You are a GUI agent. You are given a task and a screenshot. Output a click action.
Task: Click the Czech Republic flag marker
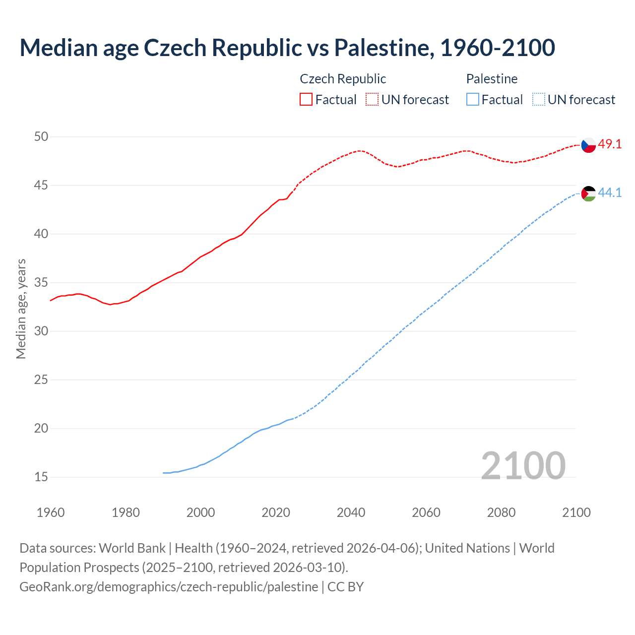click(x=588, y=145)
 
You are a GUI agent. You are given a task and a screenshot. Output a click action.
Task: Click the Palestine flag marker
click(x=588, y=193)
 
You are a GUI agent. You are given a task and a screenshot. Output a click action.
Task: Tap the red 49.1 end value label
click(x=610, y=144)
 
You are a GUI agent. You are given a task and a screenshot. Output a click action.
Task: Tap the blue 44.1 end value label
click(x=610, y=192)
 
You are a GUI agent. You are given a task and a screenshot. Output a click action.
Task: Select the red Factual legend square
click(x=306, y=99)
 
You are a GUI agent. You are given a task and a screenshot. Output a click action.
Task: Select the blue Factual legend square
click(x=473, y=99)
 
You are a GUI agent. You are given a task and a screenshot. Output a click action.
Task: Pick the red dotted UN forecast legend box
click(x=372, y=99)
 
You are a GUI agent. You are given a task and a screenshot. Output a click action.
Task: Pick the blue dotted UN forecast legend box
click(x=538, y=99)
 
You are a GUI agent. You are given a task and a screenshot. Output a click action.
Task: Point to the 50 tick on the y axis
click(x=41, y=136)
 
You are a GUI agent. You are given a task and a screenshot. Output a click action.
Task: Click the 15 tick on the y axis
click(x=41, y=477)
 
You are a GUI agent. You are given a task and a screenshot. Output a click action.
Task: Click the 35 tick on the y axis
click(x=41, y=283)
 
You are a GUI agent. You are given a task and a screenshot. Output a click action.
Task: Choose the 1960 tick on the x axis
click(x=51, y=512)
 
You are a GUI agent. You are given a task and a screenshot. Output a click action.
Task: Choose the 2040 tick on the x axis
click(x=351, y=512)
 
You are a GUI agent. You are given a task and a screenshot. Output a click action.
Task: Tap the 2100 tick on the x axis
click(x=576, y=512)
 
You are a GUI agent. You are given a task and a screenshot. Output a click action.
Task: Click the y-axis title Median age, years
click(x=21, y=309)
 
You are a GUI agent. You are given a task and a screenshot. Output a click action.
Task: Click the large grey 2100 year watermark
click(x=523, y=465)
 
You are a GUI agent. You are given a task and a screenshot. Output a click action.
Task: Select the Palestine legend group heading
click(x=492, y=79)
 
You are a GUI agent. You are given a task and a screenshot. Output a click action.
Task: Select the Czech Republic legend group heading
click(x=343, y=79)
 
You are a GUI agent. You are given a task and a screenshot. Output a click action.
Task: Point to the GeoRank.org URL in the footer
click(x=169, y=587)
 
